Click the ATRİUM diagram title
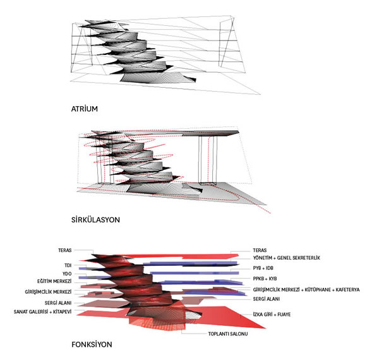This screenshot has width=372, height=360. point(85,109)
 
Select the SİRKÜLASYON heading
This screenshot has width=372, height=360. point(95,220)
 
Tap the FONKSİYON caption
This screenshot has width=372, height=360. point(92,344)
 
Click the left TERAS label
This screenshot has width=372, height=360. point(65,250)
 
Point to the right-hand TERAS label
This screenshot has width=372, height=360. point(260,250)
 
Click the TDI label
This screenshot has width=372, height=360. point(68,265)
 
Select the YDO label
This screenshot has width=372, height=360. point(67,273)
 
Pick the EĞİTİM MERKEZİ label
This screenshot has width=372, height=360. point(54,281)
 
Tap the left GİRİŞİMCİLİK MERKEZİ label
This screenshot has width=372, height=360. point(48,292)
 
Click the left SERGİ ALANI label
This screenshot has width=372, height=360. point(58,303)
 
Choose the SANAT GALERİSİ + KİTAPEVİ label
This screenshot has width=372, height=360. point(42,311)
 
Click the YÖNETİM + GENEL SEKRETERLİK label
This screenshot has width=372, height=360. point(287,258)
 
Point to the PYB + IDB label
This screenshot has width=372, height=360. point(263,268)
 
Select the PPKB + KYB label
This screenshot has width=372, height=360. point(265,279)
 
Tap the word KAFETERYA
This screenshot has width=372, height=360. point(347,289)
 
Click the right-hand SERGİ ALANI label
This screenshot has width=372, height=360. point(266,299)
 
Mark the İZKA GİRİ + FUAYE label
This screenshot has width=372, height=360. point(272,315)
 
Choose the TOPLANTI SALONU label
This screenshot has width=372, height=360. point(228,333)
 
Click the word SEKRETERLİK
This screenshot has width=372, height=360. point(306,258)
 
